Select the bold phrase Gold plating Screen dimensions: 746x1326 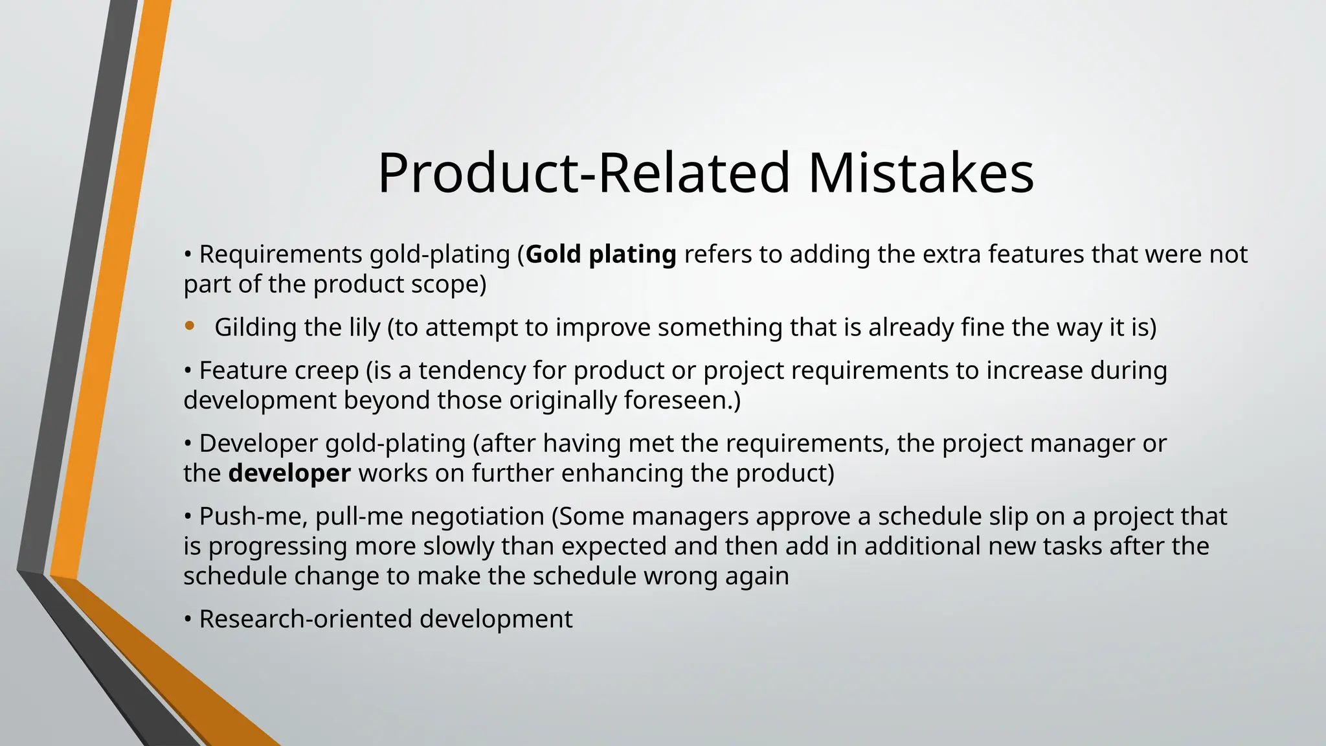(601, 254)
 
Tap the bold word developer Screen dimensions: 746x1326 (289, 473)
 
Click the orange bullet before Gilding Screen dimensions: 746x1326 (190, 326)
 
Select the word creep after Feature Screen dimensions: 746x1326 (330, 371)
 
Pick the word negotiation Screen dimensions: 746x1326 (477, 517)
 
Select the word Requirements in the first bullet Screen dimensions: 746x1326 (280, 254)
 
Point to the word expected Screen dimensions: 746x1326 (613, 547)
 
